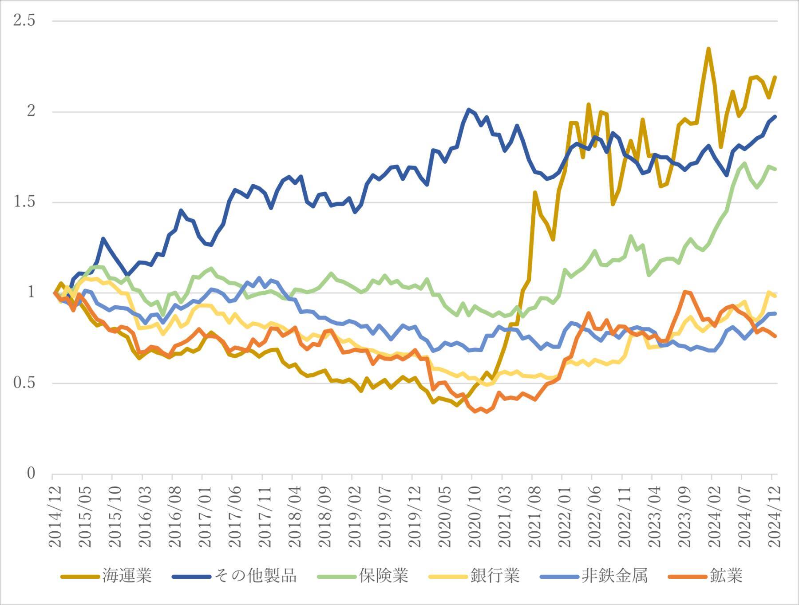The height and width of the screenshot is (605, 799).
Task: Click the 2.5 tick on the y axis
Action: (24, 20)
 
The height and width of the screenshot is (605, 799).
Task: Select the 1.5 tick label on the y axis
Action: (24, 202)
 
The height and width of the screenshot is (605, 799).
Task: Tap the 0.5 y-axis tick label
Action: (24, 383)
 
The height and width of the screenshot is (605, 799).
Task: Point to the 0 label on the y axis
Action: (31, 474)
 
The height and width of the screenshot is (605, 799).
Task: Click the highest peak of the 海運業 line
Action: (708, 49)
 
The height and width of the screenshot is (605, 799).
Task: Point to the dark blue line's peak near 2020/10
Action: (468, 109)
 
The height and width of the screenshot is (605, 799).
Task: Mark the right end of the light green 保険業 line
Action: (775, 169)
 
